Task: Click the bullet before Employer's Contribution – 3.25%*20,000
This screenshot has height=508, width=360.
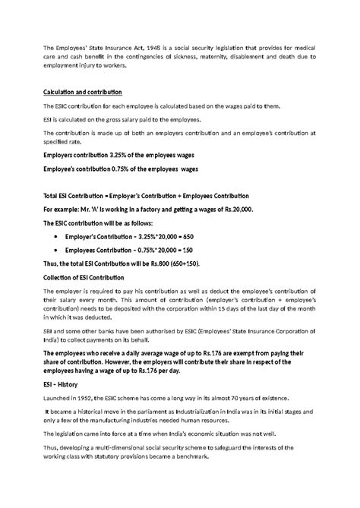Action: [59, 237]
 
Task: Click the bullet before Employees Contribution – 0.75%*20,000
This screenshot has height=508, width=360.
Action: [59, 249]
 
